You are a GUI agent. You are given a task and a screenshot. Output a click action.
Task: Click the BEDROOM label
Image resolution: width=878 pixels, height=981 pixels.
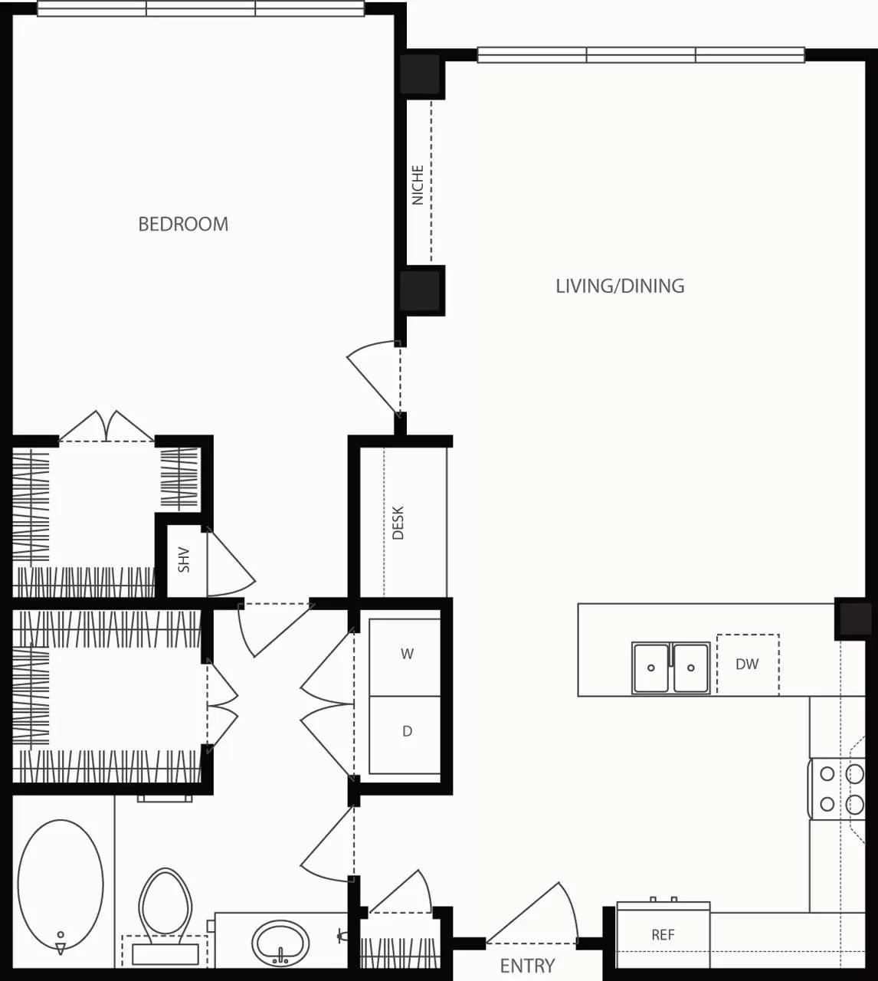(x=183, y=224)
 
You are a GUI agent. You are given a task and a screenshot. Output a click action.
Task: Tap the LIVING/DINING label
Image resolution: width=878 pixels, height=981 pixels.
(x=620, y=286)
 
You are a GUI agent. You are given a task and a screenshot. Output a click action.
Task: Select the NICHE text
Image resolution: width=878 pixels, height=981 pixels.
(x=418, y=185)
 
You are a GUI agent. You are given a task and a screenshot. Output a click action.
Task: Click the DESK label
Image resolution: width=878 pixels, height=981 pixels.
(x=398, y=523)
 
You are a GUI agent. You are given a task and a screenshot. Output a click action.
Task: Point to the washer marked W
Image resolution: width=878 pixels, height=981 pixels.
(x=406, y=655)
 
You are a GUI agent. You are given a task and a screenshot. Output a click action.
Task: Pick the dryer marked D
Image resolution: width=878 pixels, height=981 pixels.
(x=406, y=732)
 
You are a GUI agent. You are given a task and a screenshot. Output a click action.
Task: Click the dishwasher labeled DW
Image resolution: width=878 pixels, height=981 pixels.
(x=747, y=664)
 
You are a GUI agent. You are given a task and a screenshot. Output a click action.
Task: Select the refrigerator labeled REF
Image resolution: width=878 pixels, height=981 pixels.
(x=663, y=935)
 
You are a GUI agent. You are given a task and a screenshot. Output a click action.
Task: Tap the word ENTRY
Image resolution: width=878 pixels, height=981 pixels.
(x=527, y=966)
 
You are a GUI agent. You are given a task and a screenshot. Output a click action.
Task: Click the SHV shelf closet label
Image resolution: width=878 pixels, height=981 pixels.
(x=184, y=559)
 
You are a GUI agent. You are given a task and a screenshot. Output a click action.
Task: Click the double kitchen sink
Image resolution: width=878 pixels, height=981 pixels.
(x=670, y=668)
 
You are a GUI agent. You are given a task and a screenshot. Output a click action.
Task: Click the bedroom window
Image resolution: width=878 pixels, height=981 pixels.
(x=201, y=9)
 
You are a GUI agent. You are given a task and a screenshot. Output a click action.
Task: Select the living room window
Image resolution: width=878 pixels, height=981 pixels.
(x=640, y=55)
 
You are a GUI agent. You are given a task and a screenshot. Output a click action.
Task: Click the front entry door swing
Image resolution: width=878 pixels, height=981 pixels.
(x=536, y=916)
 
